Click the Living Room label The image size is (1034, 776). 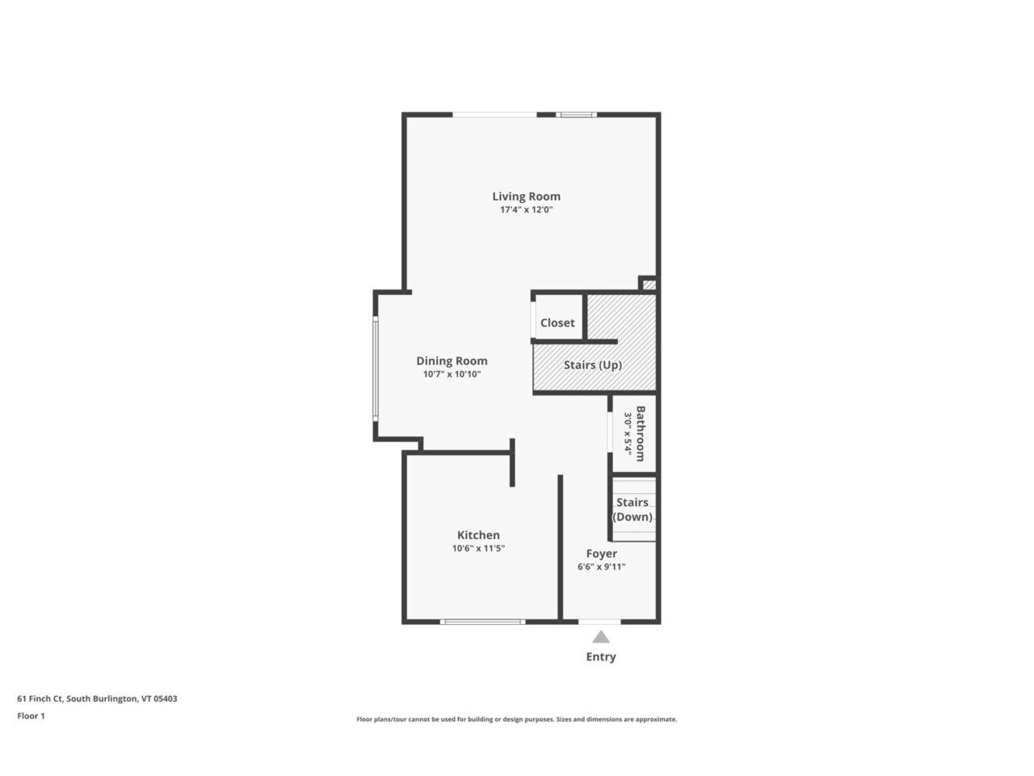pos(526,196)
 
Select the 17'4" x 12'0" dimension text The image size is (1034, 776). pos(526,210)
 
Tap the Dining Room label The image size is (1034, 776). pos(452,361)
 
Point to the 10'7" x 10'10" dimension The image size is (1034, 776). pos(452,374)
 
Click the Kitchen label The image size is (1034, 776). pos(478,535)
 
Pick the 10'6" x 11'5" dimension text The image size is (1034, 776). pos(478,549)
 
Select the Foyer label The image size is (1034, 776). pos(601,554)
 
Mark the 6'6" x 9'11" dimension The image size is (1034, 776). pos(601,567)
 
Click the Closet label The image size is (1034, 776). pos(557,323)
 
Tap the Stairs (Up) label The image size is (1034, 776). pos(593,365)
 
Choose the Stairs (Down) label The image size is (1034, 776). pos(633,509)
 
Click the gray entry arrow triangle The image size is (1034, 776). pos(600,637)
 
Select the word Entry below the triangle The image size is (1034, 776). pos(600,656)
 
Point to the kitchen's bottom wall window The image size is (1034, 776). pos(482,622)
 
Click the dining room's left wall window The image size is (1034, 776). pos(375,368)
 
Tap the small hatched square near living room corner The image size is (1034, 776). pos(649,285)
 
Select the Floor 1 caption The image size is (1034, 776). pos(31,715)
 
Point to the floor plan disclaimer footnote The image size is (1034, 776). pos(517,719)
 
